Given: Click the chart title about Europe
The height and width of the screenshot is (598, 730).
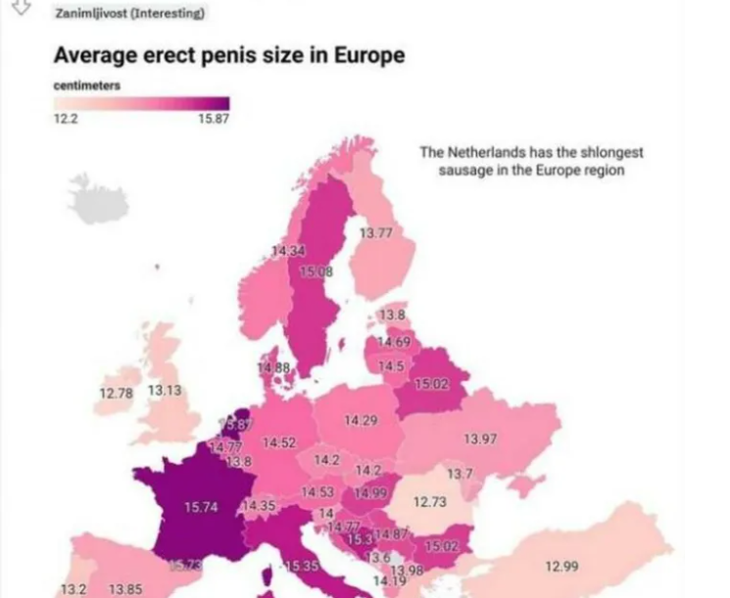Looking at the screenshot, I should (228, 55).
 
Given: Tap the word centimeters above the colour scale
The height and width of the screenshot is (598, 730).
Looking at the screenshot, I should (87, 85).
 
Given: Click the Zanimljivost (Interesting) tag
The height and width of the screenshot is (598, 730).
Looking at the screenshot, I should (130, 13).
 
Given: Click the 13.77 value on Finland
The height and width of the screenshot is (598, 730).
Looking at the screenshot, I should (375, 232).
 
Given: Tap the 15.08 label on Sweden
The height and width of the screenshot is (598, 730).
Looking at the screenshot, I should (316, 272).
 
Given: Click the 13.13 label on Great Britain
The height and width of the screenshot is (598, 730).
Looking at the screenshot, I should (166, 390).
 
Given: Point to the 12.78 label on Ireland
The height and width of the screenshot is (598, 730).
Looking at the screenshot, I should (116, 394).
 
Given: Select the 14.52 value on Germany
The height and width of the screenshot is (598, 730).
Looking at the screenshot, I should (279, 443).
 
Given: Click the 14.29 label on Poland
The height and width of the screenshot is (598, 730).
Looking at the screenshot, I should (361, 421).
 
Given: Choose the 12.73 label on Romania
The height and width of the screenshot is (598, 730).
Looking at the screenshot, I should (429, 502).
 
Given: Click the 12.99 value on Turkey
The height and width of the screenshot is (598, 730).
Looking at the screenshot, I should (560, 566).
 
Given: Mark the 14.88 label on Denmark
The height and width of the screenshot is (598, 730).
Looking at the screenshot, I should (274, 368).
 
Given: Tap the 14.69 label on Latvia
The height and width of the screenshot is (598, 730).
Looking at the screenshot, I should (394, 341).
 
